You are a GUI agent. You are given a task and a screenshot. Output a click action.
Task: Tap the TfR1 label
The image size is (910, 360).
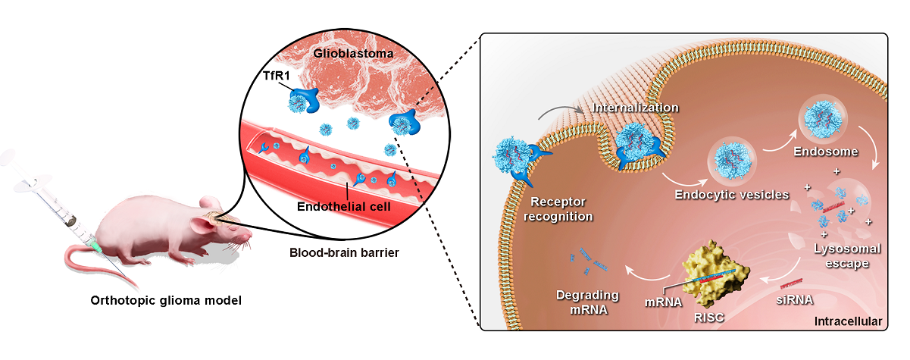(x=267, y=75)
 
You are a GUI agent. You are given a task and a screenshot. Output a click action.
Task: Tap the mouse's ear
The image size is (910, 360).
(x=203, y=224)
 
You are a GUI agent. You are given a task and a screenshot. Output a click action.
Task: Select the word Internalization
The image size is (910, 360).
(x=636, y=108)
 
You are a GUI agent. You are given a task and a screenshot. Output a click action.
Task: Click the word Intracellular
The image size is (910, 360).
(x=847, y=321)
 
